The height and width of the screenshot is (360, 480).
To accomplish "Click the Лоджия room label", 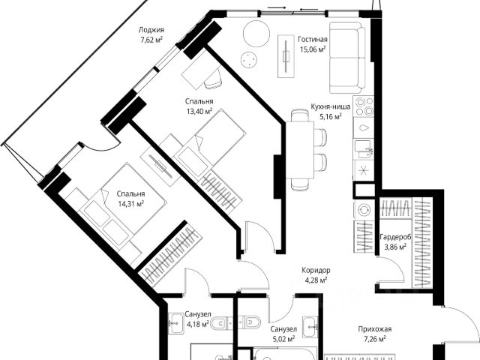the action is [151, 31].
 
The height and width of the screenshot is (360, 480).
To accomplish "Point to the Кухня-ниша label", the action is [326, 107].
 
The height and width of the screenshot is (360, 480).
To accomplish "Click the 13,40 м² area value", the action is [199, 111].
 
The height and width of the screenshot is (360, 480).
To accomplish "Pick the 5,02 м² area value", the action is [282, 338].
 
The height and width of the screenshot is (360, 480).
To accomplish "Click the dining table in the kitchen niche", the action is [301, 150].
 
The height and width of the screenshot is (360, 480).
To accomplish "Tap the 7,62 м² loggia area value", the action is [151, 40].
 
